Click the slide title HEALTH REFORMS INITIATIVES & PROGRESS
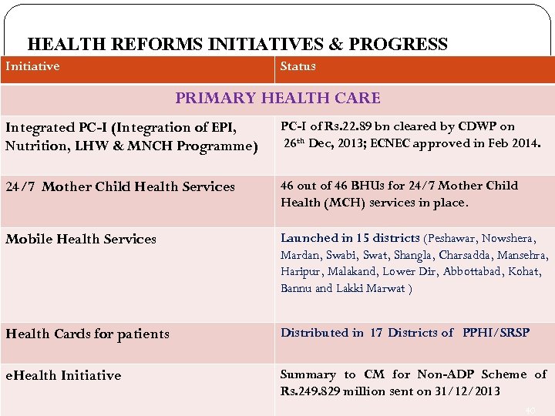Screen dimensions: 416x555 point(237,45)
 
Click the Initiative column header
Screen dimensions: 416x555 point(32,67)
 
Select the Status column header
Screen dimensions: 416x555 point(298,67)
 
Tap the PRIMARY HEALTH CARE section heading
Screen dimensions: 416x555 point(277,99)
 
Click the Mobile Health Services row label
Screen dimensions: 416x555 point(81,240)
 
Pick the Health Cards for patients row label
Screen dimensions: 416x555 point(87,334)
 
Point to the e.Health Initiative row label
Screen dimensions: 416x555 point(63,376)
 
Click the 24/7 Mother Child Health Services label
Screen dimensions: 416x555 point(120,187)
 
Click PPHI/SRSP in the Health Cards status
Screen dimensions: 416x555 point(496,333)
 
